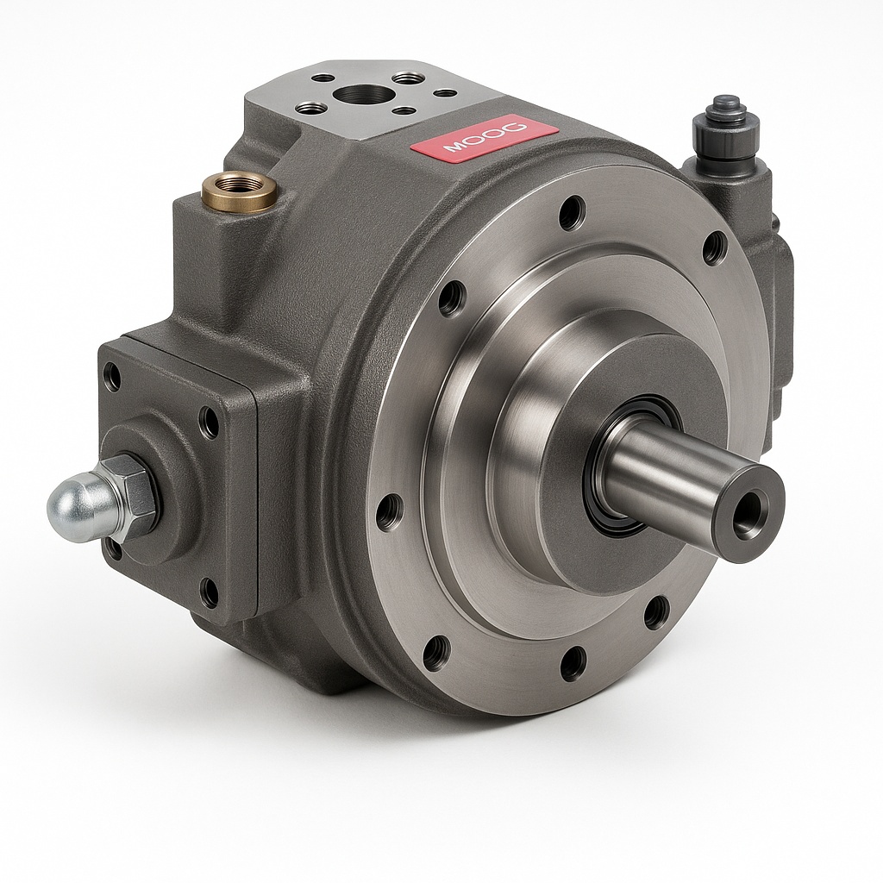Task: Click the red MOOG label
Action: (484, 141)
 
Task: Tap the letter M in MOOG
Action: (454, 149)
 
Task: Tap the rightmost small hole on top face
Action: (445, 93)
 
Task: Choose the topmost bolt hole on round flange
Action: (571, 211)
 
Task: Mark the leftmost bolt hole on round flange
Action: (389, 510)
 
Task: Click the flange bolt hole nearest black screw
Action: (715, 247)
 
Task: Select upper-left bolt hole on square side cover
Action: (112, 377)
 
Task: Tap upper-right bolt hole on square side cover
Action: (209, 422)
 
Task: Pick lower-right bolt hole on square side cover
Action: (209, 592)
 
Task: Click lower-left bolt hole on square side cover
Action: (113, 548)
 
